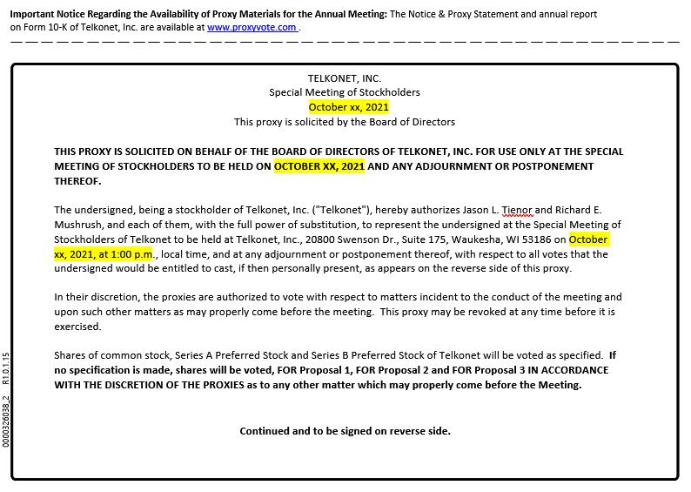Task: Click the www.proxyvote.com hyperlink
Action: [252, 27]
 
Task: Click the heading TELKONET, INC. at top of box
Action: [345, 78]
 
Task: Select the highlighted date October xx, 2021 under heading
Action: [349, 107]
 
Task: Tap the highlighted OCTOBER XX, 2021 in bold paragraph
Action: [319, 166]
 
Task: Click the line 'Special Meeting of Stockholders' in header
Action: [345, 92]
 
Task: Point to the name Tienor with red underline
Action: [517, 210]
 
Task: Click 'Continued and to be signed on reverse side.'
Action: [345, 431]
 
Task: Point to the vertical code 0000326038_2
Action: [6, 421]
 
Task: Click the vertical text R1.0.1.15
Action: [6, 368]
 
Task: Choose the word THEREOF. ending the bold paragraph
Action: [77, 181]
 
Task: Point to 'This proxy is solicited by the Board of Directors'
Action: [345, 122]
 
